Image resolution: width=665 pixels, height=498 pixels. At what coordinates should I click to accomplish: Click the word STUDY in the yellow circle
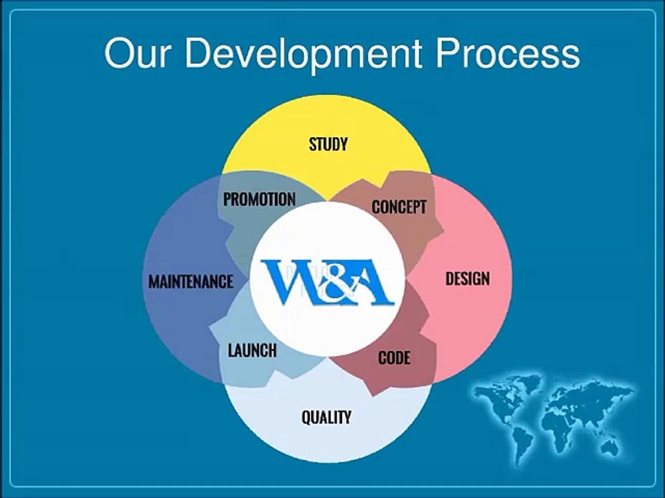[x=328, y=145]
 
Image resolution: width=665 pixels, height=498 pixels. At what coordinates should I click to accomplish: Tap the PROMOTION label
[x=259, y=199]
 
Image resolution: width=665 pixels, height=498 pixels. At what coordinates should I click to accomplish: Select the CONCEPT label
[x=399, y=207]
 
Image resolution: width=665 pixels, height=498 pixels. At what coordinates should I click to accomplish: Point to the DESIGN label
[x=467, y=279]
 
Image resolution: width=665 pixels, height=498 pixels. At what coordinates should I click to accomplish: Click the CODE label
[x=394, y=358]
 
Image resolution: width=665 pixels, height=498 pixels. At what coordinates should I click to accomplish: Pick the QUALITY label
[x=326, y=417]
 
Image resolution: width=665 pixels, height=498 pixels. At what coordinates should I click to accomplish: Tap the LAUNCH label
[x=252, y=351]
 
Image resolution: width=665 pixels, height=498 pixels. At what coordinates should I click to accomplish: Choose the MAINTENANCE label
[x=190, y=282]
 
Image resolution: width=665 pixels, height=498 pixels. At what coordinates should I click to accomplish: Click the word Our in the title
[x=136, y=53]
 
